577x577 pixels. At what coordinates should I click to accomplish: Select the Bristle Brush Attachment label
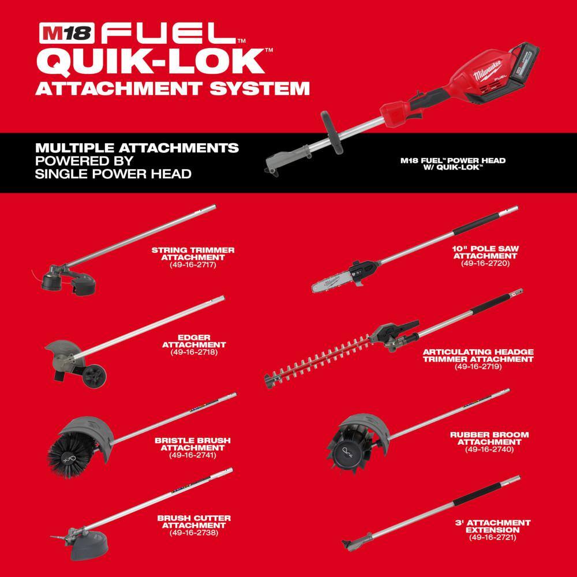point(193,443)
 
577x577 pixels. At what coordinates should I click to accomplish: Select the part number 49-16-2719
point(478,366)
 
